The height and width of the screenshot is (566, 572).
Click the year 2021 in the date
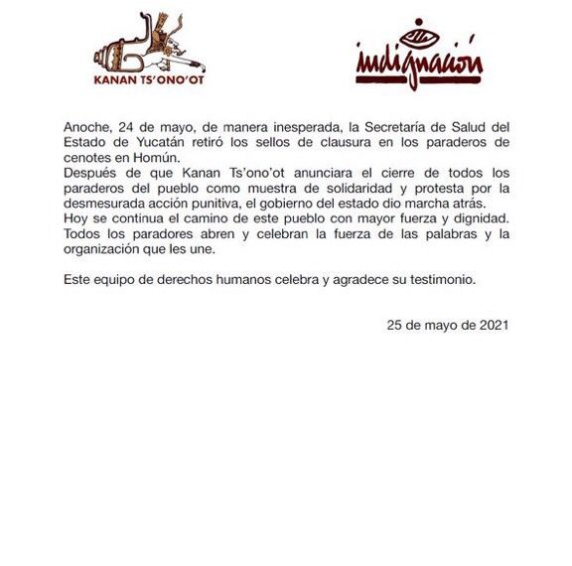493,324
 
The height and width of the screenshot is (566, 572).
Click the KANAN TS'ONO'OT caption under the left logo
149,82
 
